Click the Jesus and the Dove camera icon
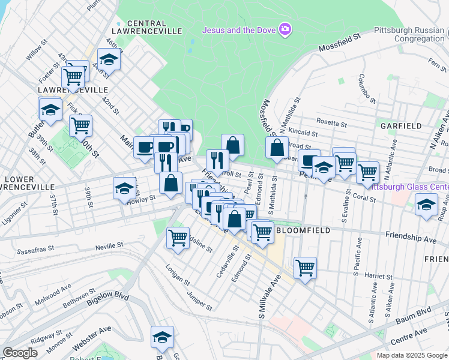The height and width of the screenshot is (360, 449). pyautogui.click(x=286, y=29)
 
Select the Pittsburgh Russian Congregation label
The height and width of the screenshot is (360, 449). pyautogui.click(x=411, y=34)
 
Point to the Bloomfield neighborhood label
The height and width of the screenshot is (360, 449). pyautogui.click(x=299, y=230)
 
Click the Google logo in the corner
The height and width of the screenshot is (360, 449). pyautogui.click(x=20, y=353)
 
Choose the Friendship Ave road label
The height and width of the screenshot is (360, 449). pyautogui.click(x=411, y=238)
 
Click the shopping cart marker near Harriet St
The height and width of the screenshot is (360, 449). pyautogui.click(x=305, y=266)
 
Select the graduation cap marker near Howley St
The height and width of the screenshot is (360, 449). pyautogui.click(x=124, y=187)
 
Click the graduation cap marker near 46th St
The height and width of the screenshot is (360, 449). pyautogui.click(x=109, y=59)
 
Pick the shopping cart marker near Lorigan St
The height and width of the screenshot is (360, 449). pyautogui.click(x=178, y=237)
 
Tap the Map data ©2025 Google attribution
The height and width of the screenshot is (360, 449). pyautogui.click(x=412, y=355)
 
